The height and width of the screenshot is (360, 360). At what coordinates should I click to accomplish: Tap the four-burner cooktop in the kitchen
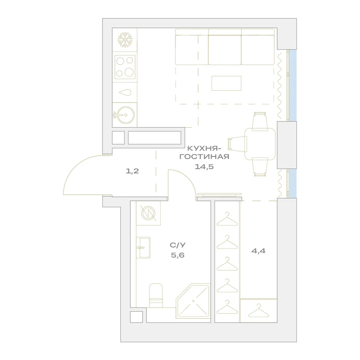[125, 67]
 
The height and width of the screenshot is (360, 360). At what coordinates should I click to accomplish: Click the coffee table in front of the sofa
[226, 83]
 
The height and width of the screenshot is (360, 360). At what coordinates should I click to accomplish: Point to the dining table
[260, 144]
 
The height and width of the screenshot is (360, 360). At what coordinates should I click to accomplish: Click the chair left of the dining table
[237, 144]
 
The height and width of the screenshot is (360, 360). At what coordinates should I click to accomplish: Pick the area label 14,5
[204, 167]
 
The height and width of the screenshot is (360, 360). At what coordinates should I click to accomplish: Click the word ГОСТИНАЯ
[204, 157]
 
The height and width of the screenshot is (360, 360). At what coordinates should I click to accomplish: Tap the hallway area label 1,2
[132, 171]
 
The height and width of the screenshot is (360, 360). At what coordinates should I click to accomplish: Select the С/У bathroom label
[178, 245]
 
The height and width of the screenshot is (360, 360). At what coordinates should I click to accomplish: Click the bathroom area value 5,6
[178, 255]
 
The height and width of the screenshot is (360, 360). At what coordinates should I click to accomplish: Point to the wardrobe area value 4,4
[258, 251]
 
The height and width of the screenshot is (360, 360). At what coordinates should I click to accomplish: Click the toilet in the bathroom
[156, 296]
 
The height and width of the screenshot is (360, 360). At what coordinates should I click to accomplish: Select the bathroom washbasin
[143, 248]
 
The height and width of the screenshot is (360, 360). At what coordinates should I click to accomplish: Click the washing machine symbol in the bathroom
[148, 213]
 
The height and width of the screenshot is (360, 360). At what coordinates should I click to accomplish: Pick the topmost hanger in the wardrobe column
[227, 219]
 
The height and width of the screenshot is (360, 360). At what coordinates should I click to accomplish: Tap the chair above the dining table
[260, 121]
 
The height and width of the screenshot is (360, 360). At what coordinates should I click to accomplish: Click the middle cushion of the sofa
[225, 47]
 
